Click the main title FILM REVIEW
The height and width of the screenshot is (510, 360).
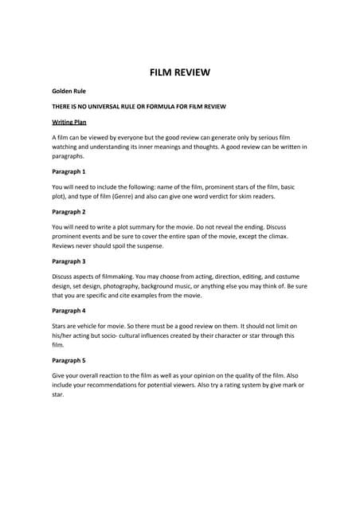[180, 73]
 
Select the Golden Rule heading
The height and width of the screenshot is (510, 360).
[69, 92]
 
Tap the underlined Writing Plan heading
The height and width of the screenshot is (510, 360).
[69, 122]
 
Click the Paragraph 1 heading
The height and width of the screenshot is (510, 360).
[68, 171]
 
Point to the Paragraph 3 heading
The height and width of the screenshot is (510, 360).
[68, 261]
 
